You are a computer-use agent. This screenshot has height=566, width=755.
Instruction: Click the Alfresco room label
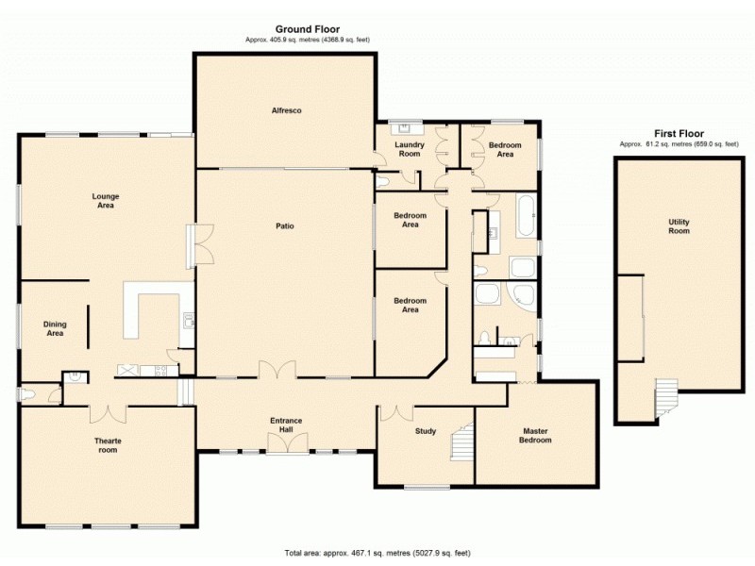click(287, 111)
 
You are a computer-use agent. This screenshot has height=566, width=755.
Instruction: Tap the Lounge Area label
click(105, 200)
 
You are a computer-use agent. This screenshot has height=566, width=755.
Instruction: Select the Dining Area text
click(55, 327)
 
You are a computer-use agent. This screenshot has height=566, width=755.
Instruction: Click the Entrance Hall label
click(285, 425)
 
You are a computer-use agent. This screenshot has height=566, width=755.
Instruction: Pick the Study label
click(426, 432)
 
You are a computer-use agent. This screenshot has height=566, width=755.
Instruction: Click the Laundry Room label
click(410, 149)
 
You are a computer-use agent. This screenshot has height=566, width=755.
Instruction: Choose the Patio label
click(285, 225)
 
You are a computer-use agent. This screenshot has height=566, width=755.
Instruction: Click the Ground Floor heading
click(307, 29)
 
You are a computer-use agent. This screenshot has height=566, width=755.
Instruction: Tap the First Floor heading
click(679, 134)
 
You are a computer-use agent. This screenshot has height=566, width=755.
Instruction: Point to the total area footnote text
click(377, 552)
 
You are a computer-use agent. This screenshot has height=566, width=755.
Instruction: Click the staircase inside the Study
click(461, 441)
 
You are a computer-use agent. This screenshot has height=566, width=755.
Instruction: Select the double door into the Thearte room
click(107, 412)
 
